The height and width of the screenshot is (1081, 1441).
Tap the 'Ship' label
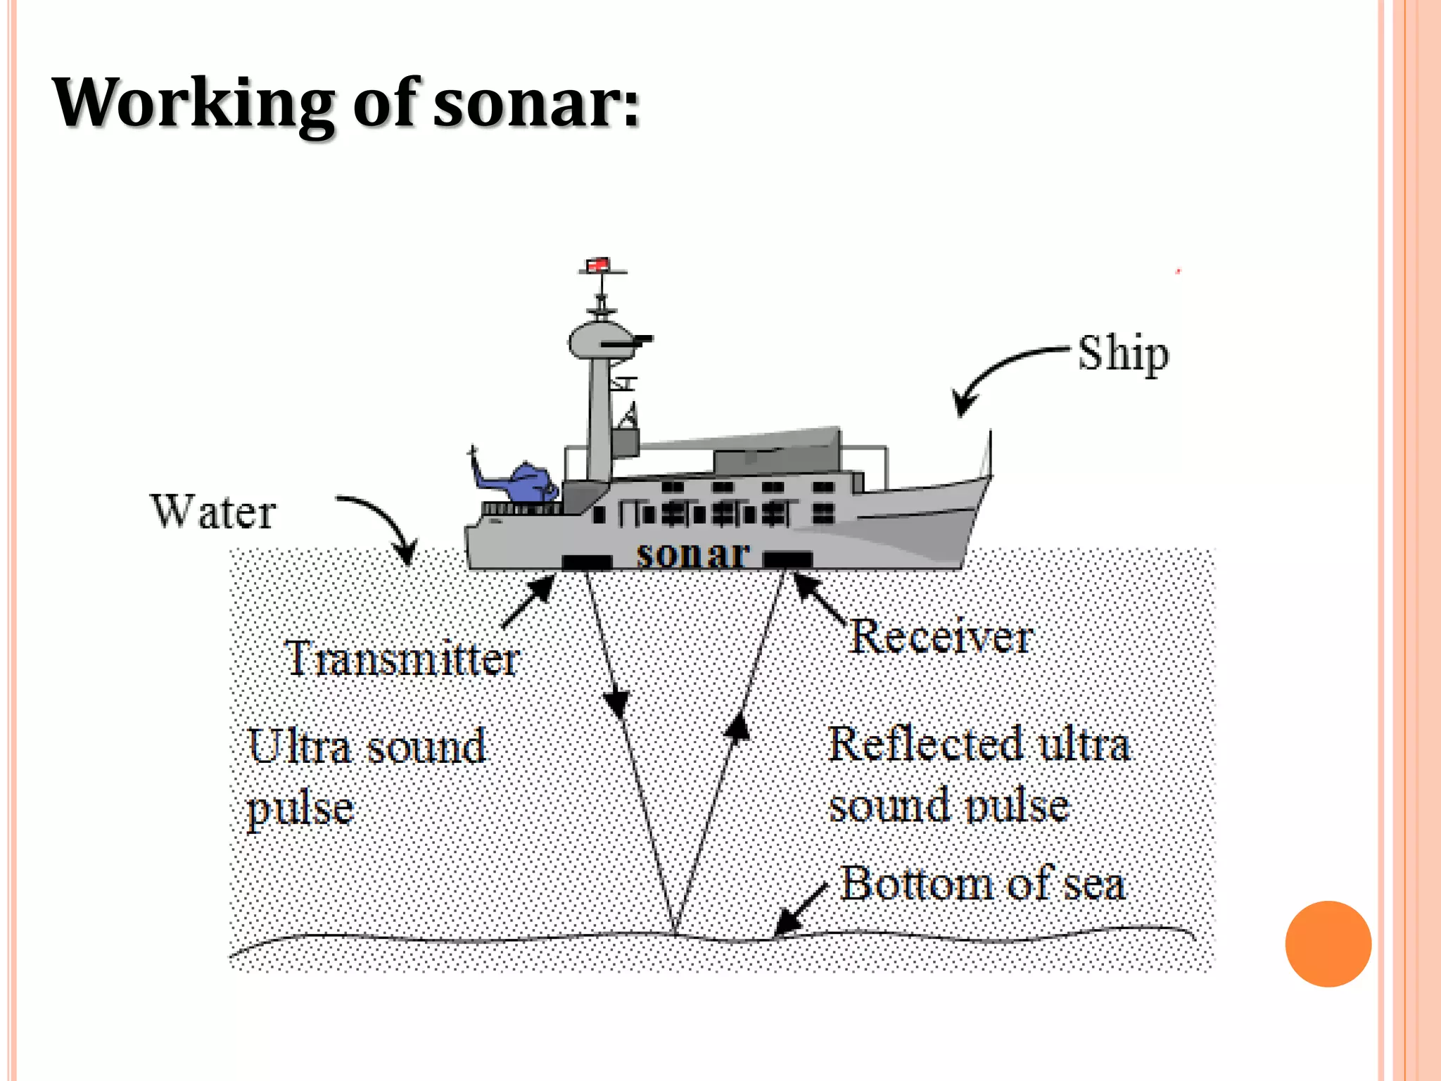tap(1123, 354)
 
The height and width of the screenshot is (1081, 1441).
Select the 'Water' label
tap(213, 512)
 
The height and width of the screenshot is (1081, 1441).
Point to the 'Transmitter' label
tap(402, 659)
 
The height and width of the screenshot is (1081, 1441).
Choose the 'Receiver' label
tap(941, 637)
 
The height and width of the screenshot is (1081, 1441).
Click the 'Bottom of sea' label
tap(982, 884)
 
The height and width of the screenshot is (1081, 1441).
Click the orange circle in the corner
tap(1328, 944)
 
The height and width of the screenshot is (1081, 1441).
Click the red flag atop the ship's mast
tap(597, 265)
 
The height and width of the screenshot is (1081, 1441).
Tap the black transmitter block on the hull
tap(586, 562)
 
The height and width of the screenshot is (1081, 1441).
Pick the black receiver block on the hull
tap(787, 560)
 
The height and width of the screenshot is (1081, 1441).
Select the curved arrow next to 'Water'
tap(383, 524)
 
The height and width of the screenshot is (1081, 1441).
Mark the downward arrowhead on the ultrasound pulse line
tap(616, 703)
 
